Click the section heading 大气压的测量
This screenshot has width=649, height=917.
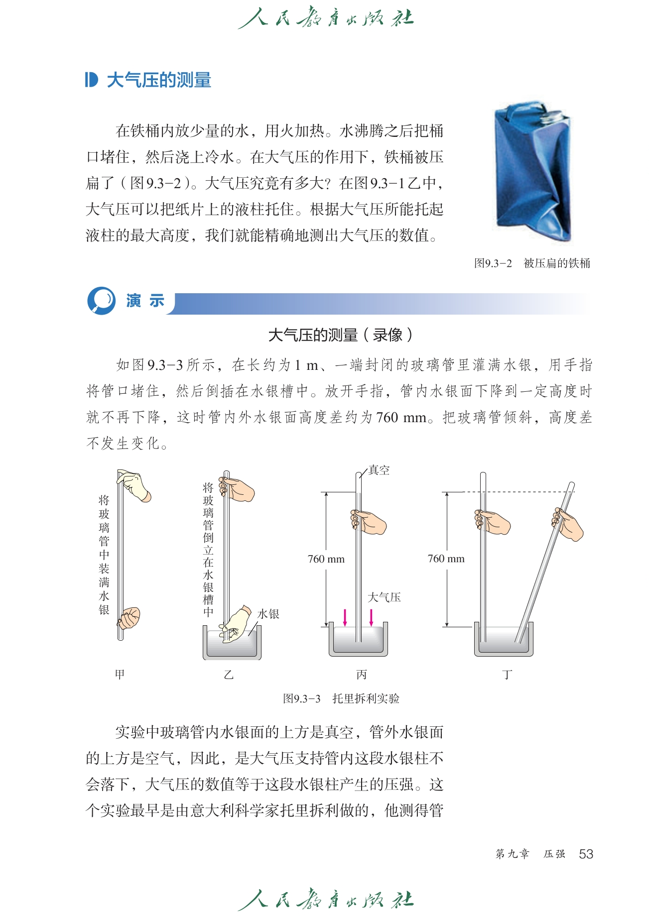tap(159, 80)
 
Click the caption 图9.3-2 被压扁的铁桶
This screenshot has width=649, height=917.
tap(532, 263)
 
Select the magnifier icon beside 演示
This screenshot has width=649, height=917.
tap(102, 301)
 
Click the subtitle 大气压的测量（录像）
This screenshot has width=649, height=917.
tap(341, 335)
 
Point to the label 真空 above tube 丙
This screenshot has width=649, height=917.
tap(379, 470)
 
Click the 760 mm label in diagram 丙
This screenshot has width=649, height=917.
tap(326, 559)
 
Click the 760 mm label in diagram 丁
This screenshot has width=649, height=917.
tap(446, 559)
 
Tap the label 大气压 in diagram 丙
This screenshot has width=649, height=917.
tap(384, 597)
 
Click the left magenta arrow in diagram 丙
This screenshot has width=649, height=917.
tap(345, 617)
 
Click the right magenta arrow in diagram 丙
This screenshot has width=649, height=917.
tap(371, 617)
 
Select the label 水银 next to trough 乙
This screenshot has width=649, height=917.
tap(268, 614)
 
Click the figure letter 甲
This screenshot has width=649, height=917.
tap(120, 675)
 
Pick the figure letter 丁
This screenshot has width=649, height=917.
tap(507, 675)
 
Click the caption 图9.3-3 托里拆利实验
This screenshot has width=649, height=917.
tap(341, 698)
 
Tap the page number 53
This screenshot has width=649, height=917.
tap(586, 854)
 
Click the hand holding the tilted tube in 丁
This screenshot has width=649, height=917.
tap(568, 524)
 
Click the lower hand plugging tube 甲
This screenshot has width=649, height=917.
tap(129, 618)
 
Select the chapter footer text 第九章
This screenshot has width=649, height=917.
tap(512, 854)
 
